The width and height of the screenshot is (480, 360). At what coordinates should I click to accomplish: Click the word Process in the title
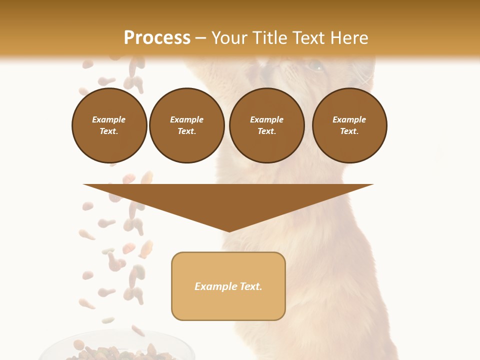click(x=157, y=38)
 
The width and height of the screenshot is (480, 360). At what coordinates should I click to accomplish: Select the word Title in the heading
click(x=273, y=38)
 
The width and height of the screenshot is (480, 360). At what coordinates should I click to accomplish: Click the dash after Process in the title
click(x=200, y=38)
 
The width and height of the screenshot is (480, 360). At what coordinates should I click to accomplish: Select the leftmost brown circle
click(x=109, y=125)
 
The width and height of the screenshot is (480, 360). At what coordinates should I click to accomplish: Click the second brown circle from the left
click(x=186, y=125)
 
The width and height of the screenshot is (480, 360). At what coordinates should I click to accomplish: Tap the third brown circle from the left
click(x=266, y=125)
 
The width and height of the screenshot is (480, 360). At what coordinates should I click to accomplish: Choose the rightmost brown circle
click(x=349, y=125)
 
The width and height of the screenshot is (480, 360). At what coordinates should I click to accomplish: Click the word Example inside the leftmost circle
click(x=109, y=119)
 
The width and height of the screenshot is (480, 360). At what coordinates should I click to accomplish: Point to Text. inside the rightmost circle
click(x=349, y=131)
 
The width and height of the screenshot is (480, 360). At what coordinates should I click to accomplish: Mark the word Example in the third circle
click(x=266, y=119)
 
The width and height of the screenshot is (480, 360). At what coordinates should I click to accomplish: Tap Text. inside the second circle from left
click(x=186, y=131)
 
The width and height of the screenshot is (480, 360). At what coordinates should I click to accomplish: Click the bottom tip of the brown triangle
click(x=229, y=230)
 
